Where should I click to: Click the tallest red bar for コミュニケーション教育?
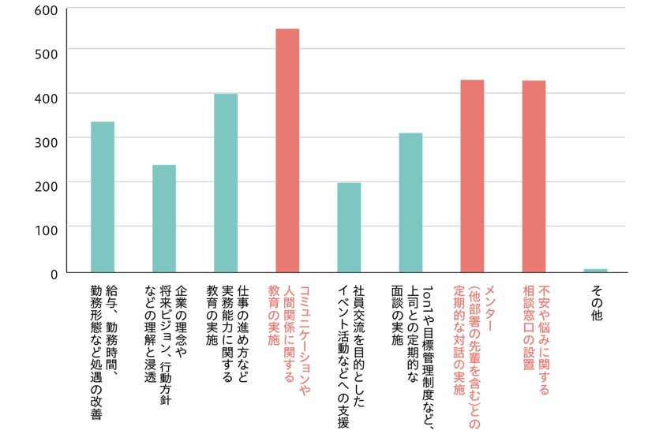pyautogui.click(x=287, y=151)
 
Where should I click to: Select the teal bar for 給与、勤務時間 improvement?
pyautogui.click(x=103, y=197)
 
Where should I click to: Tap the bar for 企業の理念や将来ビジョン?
pyautogui.click(x=164, y=219)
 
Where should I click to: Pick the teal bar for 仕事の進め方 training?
pyautogui.click(x=226, y=183)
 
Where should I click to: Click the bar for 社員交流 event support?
pyautogui.click(x=349, y=227)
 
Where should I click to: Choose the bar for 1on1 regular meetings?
pyautogui.click(x=410, y=203)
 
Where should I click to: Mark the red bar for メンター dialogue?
pyautogui.click(x=472, y=176)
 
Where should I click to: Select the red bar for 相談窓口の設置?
pyautogui.click(x=534, y=176)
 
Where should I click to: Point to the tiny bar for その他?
pyautogui.click(x=595, y=271)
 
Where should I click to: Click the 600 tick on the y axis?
pyautogui.click(x=46, y=10)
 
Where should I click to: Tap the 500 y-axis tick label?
pyautogui.click(x=46, y=54)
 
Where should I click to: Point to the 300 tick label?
pyautogui.click(x=46, y=142)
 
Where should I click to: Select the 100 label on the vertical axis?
pyautogui.click(x=46, y=230)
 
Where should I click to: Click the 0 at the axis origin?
pyautogui.click(x=54, y=275)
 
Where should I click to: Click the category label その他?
pyautogui.click(x=596, y=303)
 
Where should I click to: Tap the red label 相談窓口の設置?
pyautogui.click(x=529, y=328)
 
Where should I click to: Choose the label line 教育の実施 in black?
pyautogui.click(x=212, y=316)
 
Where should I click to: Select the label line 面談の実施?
pyautogui.click(x=397, y=316)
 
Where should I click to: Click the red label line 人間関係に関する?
pyautogui.click(x=289, y=334)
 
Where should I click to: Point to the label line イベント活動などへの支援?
pyautogui.click(x=344, y=357)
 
